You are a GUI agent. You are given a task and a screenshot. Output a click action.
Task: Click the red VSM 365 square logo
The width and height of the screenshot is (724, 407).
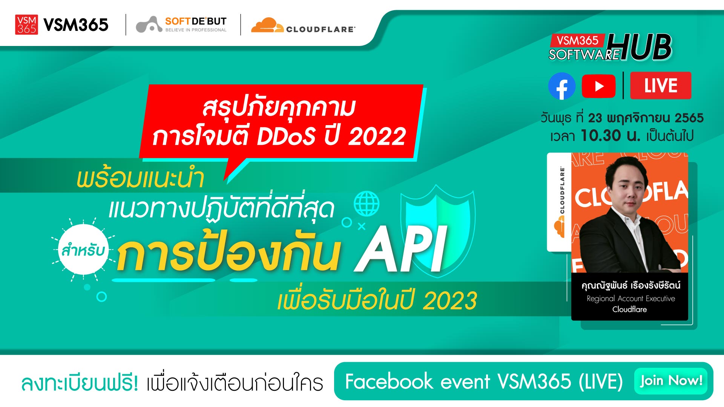(26, 25)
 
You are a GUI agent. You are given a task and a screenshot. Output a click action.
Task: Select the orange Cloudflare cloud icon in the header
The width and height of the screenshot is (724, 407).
(267, 25)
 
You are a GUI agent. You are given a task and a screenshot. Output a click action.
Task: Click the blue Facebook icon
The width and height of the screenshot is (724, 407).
(561, 86)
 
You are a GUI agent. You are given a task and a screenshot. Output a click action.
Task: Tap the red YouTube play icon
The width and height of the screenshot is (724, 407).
(598, 86)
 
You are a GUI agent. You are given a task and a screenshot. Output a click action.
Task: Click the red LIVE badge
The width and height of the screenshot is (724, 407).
(661, 86)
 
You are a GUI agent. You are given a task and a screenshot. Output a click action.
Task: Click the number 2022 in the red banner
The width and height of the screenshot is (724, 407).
(377, 136)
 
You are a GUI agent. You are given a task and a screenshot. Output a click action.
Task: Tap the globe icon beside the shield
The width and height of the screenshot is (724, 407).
(367, 203)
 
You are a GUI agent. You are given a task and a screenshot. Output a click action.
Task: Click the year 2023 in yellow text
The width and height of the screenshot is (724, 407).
(450, 301)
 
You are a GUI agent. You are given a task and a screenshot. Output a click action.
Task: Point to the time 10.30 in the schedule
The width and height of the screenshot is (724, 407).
(601, 136)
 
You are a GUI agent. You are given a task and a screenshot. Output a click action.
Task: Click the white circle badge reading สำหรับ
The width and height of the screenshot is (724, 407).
(84, 249)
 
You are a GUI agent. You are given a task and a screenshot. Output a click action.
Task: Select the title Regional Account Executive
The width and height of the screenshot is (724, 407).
(631, 298)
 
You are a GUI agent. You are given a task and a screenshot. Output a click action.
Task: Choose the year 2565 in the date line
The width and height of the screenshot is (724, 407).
(689, 118)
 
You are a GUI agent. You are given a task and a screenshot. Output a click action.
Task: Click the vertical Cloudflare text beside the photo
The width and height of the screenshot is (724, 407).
(562, 190)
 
